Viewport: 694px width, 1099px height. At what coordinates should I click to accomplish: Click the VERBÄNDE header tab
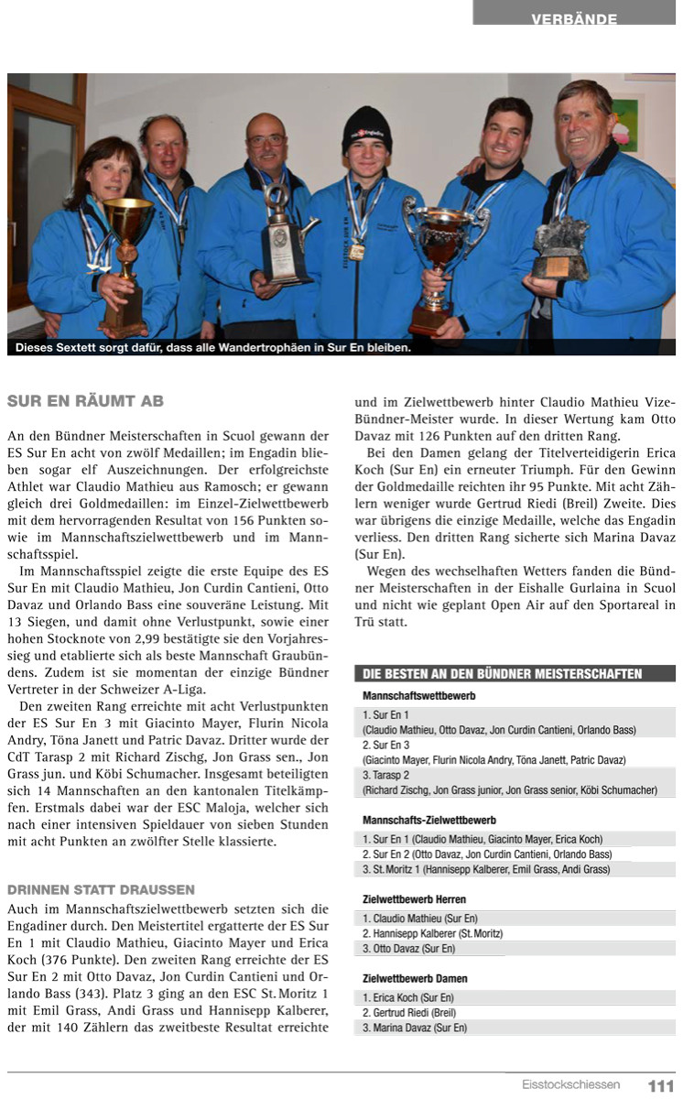[574, 18]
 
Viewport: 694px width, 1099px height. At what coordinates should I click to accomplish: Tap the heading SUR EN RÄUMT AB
[85, 401]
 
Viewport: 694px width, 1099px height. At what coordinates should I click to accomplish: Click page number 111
[661, 1085]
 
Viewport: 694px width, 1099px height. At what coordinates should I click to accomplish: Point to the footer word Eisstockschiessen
[570, 1085]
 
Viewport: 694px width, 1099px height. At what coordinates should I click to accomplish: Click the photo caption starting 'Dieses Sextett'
[212, 348]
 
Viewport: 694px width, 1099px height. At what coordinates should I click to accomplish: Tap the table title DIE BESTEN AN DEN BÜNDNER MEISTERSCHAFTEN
[503, 675]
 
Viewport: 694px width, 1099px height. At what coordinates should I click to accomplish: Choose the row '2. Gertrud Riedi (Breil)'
[409, 1012]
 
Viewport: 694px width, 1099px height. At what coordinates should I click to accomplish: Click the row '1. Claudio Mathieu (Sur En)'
[420, 918]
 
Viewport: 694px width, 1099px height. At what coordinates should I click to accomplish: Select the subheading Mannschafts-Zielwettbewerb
[429, 820]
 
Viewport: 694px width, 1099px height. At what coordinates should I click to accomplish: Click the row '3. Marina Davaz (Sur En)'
[415, 1028]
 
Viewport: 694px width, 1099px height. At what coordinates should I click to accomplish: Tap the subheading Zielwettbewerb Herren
[414, 899]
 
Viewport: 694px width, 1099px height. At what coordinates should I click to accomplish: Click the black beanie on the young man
[367, 128]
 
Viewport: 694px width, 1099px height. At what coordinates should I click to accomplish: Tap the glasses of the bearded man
[266, 140]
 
